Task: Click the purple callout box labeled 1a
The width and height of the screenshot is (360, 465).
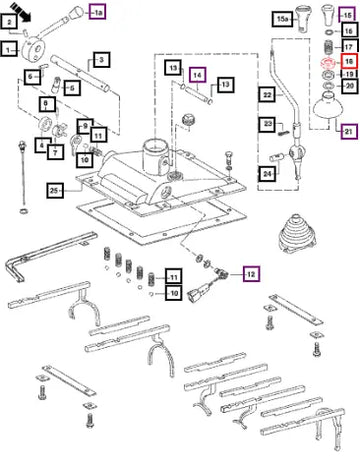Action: tap(97, 13)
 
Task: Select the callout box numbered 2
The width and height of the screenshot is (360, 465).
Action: tap(9, 22)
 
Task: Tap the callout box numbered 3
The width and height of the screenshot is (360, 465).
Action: tap(101, 60)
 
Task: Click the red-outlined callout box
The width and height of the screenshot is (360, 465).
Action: tap(349, 61)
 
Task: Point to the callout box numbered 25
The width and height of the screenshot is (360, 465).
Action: tap(55, 191)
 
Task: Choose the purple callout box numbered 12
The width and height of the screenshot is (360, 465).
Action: tap(251, 274)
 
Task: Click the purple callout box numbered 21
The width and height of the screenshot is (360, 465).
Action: tap(349, 131)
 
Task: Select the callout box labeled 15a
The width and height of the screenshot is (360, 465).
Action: tap(282, 20)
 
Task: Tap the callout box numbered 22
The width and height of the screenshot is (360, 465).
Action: tap(268, 95)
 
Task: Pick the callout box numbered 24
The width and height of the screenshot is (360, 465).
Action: tap(268, 174)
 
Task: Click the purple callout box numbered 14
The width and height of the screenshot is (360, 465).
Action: tap(198, 75)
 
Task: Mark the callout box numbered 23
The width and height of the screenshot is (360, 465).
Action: tap(268, 124)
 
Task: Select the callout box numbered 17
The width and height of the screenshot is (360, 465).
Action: tap(349, 47)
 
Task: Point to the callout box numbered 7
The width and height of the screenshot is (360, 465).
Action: tap(55, 152)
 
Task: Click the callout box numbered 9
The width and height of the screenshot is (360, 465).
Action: tap(85, 127)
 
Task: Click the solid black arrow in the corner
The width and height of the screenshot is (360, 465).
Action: tap(20, 12)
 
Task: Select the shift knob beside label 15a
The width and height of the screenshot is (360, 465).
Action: tap(303, 19)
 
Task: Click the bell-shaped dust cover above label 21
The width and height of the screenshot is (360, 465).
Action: tap(328, 105)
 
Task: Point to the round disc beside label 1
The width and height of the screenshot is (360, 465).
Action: tap(33, 51)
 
